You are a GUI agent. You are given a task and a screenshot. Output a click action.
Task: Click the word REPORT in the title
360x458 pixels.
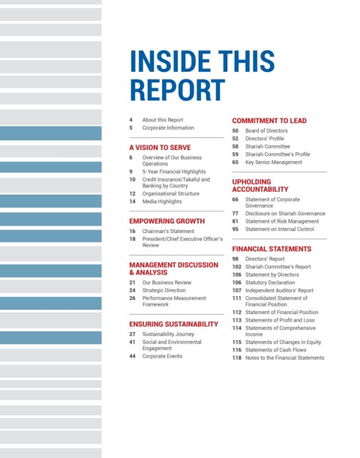(x=178, y=90)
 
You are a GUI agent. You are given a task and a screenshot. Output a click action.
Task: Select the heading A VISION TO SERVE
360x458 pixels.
(x=160, y=148)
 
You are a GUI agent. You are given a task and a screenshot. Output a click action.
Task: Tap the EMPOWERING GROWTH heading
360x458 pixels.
(x=166, y=221)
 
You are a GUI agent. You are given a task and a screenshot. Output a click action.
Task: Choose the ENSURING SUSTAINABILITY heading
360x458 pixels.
(x=173, y=325)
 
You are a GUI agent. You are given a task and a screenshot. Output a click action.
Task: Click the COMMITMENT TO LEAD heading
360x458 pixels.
(x=269, y=121)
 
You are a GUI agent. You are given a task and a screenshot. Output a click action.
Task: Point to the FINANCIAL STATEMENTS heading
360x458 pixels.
(x=271, y=249)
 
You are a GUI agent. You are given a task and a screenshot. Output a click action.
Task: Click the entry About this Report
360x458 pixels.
(x=163, y=120)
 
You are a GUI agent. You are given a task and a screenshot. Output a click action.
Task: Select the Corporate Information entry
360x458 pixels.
(x=168, y=127)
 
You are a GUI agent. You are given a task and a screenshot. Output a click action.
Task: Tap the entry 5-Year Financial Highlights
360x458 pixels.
(x=174, y=172)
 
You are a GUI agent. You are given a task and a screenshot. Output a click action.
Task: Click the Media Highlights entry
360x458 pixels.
(x=162, y=201)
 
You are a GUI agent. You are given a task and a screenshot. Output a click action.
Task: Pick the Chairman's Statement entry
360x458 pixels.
(x=168, y=231)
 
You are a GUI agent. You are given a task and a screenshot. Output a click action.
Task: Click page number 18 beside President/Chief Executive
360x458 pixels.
(x=132, y=239)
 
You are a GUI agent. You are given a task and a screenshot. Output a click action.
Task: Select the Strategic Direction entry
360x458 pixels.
(x=164, y=290)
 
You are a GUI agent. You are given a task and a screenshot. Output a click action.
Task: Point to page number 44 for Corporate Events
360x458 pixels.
(x=132, y=356)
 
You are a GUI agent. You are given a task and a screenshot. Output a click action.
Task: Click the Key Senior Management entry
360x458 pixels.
(x=274, y=162)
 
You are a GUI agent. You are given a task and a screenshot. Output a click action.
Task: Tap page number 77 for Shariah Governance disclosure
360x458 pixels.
(x=235, y=214)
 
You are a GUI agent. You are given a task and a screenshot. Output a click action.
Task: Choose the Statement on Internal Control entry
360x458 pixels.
(x=280, y=229)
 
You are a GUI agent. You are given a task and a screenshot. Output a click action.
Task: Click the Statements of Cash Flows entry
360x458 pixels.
(x=275, y=350)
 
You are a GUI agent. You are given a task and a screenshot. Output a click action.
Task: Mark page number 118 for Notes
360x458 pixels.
(x=237, y=358)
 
